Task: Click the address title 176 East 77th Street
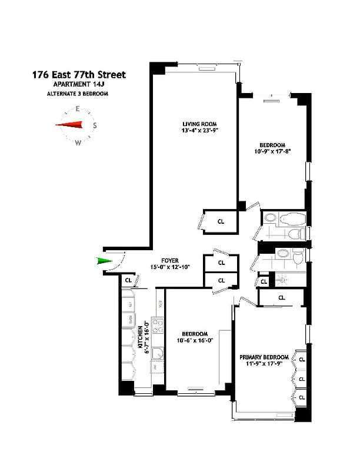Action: [x=78, y=75]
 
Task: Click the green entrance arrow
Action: [x=104, y=261]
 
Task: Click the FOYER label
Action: [x=169, y=260]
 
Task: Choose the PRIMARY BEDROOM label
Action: [x=264, y=357]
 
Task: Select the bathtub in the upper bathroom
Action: [x=291, y=219]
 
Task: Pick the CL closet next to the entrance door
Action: [x=128, y=281]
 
